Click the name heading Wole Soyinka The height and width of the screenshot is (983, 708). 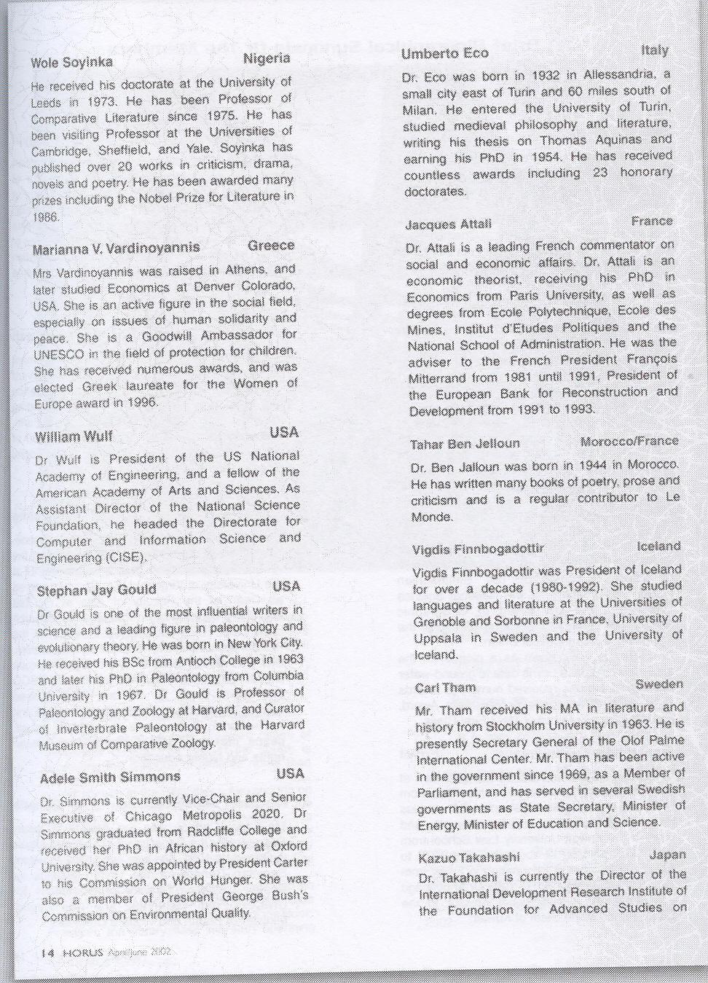click(x=71, y=63)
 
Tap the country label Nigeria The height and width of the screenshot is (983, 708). click(x=267, y=58)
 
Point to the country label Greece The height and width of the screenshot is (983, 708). click(x=271, y=245)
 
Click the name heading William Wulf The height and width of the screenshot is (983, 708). click(x=74, y=437)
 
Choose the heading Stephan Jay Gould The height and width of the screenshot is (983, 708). click(x=96, y=590)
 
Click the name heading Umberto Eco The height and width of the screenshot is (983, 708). click(x=444, y=53)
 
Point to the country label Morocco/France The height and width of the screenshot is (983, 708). click(x=629, y=441)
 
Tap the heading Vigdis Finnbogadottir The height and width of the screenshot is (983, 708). click(x=478, y=549)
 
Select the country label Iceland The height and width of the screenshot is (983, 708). click(x=658, y=546)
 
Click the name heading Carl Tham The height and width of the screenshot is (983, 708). click(x=445, y=687)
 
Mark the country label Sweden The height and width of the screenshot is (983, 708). click(x=659, y=684)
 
